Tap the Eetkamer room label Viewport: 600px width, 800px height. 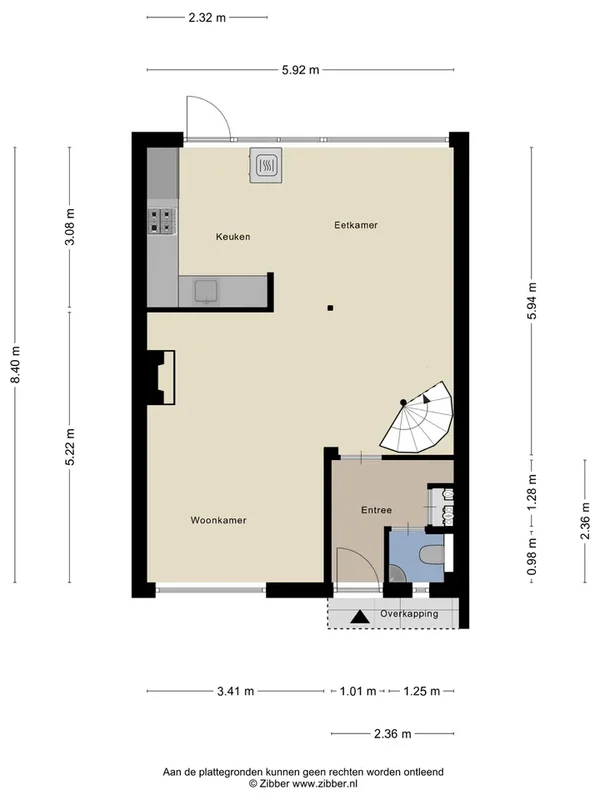point(355,226)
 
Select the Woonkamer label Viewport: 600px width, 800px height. point(218,520)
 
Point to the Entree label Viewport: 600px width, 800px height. point(375,511)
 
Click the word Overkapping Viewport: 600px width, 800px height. point(409,613)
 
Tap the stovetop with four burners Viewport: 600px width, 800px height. point(162,220)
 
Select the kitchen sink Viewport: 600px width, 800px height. point(207,291)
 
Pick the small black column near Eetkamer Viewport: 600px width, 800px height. point(330,308)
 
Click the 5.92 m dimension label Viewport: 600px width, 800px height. point(300,69)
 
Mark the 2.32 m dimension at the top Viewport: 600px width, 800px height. point(207,17)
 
